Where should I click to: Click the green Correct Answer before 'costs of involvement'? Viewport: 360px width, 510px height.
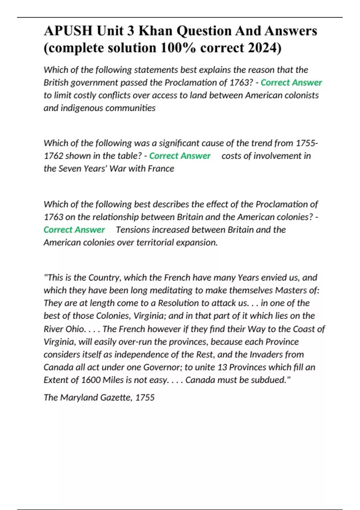(180, 156)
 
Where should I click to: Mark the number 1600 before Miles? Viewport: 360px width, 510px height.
(91, 380)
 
